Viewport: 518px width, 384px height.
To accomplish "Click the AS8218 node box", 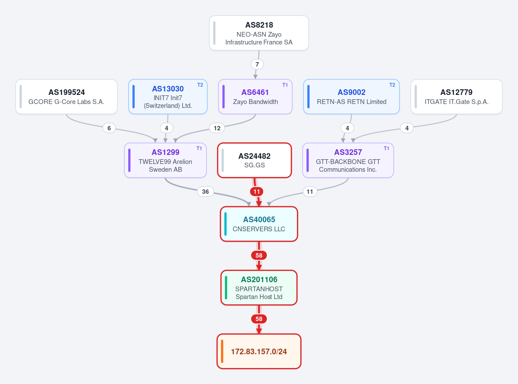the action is click(x=259, y=33).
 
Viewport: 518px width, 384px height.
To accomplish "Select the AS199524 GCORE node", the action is click(x=66, y=97).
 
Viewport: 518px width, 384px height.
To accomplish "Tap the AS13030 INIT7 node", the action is click(x=167, y=97).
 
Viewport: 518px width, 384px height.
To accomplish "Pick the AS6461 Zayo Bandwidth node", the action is click(x=255, y=97).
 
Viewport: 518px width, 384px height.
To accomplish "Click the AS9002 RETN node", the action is click(x=351, y=97).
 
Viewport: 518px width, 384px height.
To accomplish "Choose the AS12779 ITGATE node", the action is click(x=456, y=97).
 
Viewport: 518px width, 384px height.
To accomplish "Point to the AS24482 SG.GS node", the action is click(x=254, y=161).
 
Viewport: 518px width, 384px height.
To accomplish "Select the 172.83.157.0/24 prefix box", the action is click(x=259, y=351).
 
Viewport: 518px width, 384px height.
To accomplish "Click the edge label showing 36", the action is click(x=205, y=192).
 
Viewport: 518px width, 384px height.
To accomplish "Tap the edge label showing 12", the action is click(x=217, y=128).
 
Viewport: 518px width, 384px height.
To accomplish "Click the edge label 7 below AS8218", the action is click(x=257, y=64).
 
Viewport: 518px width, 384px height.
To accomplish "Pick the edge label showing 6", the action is click(x=109, y=128).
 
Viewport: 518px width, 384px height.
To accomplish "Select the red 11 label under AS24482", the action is click(x=257, y=192).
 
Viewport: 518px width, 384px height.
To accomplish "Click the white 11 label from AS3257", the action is click(x=310, y=192).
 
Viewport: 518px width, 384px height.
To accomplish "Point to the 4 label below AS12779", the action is click(x=407, y=128).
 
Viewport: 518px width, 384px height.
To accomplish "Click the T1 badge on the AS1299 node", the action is click(x=199, y=148).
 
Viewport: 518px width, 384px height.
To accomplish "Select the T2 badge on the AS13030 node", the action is click(x=200, y=85).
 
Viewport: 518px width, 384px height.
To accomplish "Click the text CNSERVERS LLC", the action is click(x=259, y=229).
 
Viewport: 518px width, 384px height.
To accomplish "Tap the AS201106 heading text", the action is click(x=259, y=280).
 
